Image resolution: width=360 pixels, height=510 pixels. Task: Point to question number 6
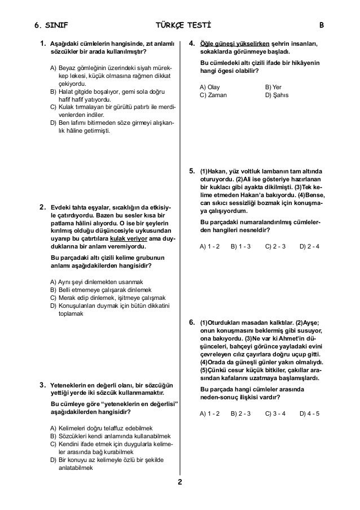click(x=192, y=322)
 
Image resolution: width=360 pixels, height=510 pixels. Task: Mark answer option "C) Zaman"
click(x=213, y=95)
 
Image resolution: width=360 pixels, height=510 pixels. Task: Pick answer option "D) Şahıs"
click(x=277, y=95)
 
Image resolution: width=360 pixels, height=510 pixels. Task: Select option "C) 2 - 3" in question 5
click(x=275, y=246)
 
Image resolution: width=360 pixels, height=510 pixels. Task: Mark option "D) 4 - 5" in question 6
click(x=310, y=413)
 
